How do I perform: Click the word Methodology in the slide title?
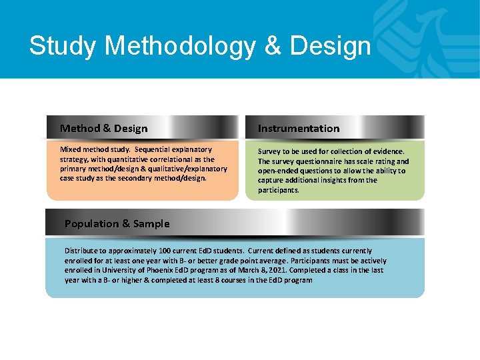click(x=179, y=46)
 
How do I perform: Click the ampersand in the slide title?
click(x=273, y=46)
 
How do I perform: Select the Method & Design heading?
click(x=103, y=128)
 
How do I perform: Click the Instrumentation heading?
click(x=299, y=128)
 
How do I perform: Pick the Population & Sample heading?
click(x=117, y=223)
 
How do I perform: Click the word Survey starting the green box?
click(x=269, y=151)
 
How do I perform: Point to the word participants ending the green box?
click(x=279, y=190)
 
